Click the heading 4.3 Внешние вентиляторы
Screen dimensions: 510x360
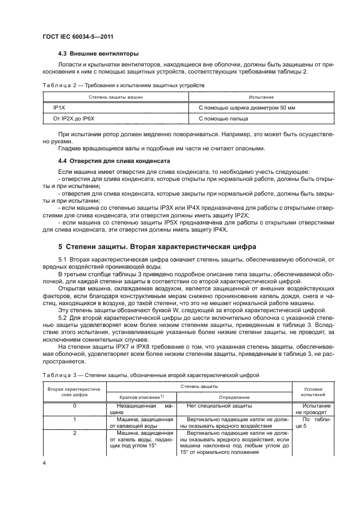pyautogui.click(x=98, y=54)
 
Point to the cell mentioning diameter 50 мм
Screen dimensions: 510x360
pyautogui.click(x=247, y=108)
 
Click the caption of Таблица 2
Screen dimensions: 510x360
pyautogui.click(x=123, y=86)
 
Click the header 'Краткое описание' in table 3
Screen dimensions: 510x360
pyautogui.click(x=142, y=397)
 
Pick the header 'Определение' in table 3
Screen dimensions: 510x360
pyautogui.click(x=234, y=397)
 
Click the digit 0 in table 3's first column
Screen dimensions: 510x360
pyautogui.click(x=74, y=406)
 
